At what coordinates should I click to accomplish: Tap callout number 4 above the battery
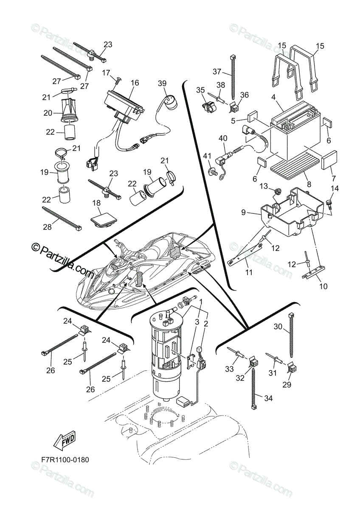coord(273,97)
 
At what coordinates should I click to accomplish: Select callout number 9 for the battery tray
coord(243,213)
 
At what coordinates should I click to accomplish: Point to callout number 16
coord(135,82)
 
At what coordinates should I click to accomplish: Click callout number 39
coord(162,83)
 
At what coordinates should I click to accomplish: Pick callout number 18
coord(97,203)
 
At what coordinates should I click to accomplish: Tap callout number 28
coord(47,227)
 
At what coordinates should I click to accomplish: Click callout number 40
coord(223,138)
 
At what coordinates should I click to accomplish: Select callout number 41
coord(207,156)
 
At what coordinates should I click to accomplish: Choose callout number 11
coord(249,272)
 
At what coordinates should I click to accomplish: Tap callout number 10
coord(323,286)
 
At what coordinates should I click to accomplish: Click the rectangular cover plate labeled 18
coord(104,219)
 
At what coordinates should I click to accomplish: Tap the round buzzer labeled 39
coord(170,103)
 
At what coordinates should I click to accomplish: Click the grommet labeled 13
coord(277,191)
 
